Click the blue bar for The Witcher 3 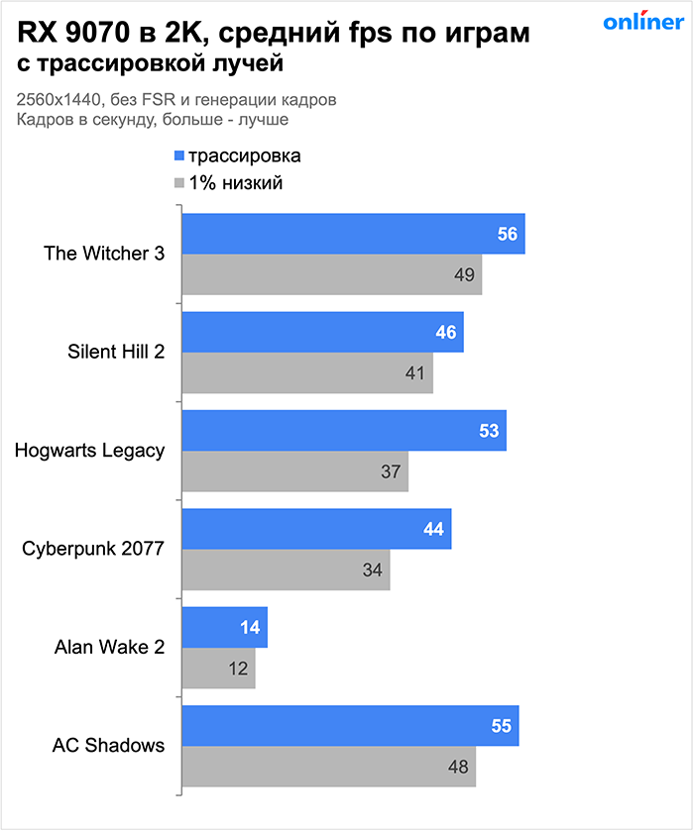(x=352, y=234)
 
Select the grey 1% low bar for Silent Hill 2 (x=307, y=373)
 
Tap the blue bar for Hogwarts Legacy (x=344, y=431)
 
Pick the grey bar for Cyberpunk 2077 (x=286, y=571)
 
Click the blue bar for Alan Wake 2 (x=224, y=628)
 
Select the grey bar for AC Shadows (x=328, y=767)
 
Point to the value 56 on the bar (x=508, y=235)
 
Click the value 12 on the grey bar (x=238, y=669)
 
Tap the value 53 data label (x=490, y=431)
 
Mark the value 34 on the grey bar (x=373, y=571)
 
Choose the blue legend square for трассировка (x=178, y=156)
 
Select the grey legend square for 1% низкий (x=178, y=182)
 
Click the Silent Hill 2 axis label (x=116, y=352)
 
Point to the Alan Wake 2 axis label (x=109, y=648)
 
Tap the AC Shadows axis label (x=108, y=746)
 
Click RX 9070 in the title (x=65, y=35)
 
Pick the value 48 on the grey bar (x=458, y=767)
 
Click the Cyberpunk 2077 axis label (x=95, y=549)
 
